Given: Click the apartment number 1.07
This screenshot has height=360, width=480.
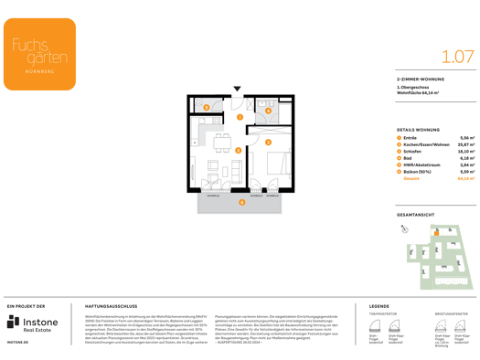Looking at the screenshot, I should click(457, 56).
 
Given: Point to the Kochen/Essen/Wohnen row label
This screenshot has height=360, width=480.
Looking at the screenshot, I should click(429, 144).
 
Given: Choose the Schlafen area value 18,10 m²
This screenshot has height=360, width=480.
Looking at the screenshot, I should click(465, 151).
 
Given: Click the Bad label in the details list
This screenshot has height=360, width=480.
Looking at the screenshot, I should click(409, 158).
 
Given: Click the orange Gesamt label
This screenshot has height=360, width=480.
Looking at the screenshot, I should click(411, 179).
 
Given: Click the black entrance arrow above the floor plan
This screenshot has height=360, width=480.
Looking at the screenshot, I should click(238, 90).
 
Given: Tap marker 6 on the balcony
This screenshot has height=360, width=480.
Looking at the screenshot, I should click(241, 202).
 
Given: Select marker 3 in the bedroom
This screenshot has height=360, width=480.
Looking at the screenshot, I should click(268, 142).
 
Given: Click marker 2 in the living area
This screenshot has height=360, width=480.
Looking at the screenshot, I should click(238, 151).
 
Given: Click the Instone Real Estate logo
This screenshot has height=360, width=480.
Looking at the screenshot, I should click(31, 323).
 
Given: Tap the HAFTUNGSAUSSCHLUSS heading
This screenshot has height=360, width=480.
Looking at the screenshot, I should click(111, 306).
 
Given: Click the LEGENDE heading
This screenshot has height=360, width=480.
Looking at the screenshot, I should click(379, 306).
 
